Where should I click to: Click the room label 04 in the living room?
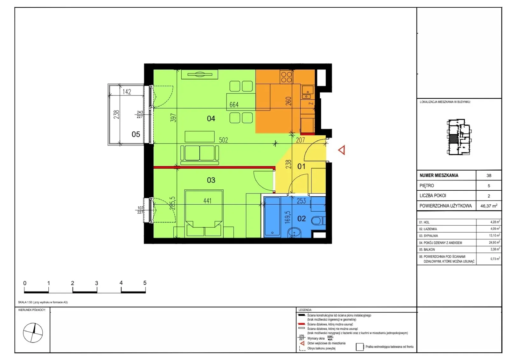point(211,118)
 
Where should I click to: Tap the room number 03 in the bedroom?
point(211,180)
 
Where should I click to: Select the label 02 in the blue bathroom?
point(302,219)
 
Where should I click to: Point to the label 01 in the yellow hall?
point(301,166)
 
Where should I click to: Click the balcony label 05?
point(136,134)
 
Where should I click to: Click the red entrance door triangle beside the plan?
point(342,150)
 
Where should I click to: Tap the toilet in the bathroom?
point(318,221)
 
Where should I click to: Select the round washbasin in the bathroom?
point(294,233)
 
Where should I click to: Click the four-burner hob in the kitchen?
point(286,77)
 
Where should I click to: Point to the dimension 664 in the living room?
point(234,105)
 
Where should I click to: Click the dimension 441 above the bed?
point(207,201)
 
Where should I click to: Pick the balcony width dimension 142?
point(127,92)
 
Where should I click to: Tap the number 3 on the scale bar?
point(97,283)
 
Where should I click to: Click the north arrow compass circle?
point(33,333)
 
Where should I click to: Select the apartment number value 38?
point(489,175)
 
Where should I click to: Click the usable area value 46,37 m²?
point(489,206)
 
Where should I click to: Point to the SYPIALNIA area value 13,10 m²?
point(494,235)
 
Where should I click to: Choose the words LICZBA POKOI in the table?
point(433,195)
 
